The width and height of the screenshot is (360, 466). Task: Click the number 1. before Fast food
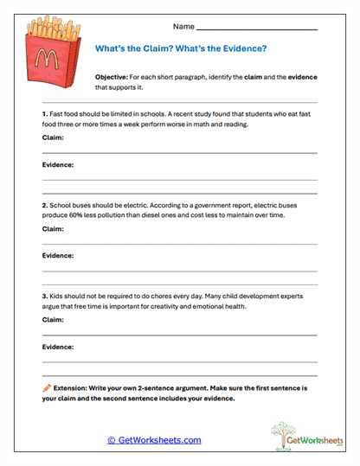pyautogui.click(x=45, y=114)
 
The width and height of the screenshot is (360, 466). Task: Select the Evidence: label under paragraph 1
pyautogui.click(x=58, y=163)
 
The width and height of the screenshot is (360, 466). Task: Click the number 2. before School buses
pyautogui.click(x=45, y=206)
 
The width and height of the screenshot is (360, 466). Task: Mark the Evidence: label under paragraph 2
pyautogui.click(x=58, y=255)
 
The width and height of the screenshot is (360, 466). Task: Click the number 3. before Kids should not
pyautogui.click(x=45, y=297)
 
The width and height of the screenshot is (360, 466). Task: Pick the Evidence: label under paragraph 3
pyautogui.click(x=58, y=346)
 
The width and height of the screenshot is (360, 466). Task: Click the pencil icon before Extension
pyautogui.click(x=47, y=388)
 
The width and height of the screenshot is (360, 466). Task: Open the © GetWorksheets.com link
pyautogui.click(x=154, y=440)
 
